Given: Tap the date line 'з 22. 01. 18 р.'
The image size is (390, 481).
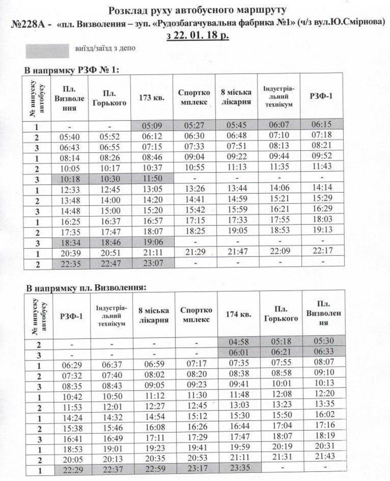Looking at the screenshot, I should click(197, 37).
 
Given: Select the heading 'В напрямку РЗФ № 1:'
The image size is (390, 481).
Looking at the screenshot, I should click(72, 70).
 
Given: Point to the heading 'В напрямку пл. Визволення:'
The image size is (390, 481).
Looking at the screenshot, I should click(85, 287).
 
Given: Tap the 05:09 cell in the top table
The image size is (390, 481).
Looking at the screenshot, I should click(152, 126).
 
